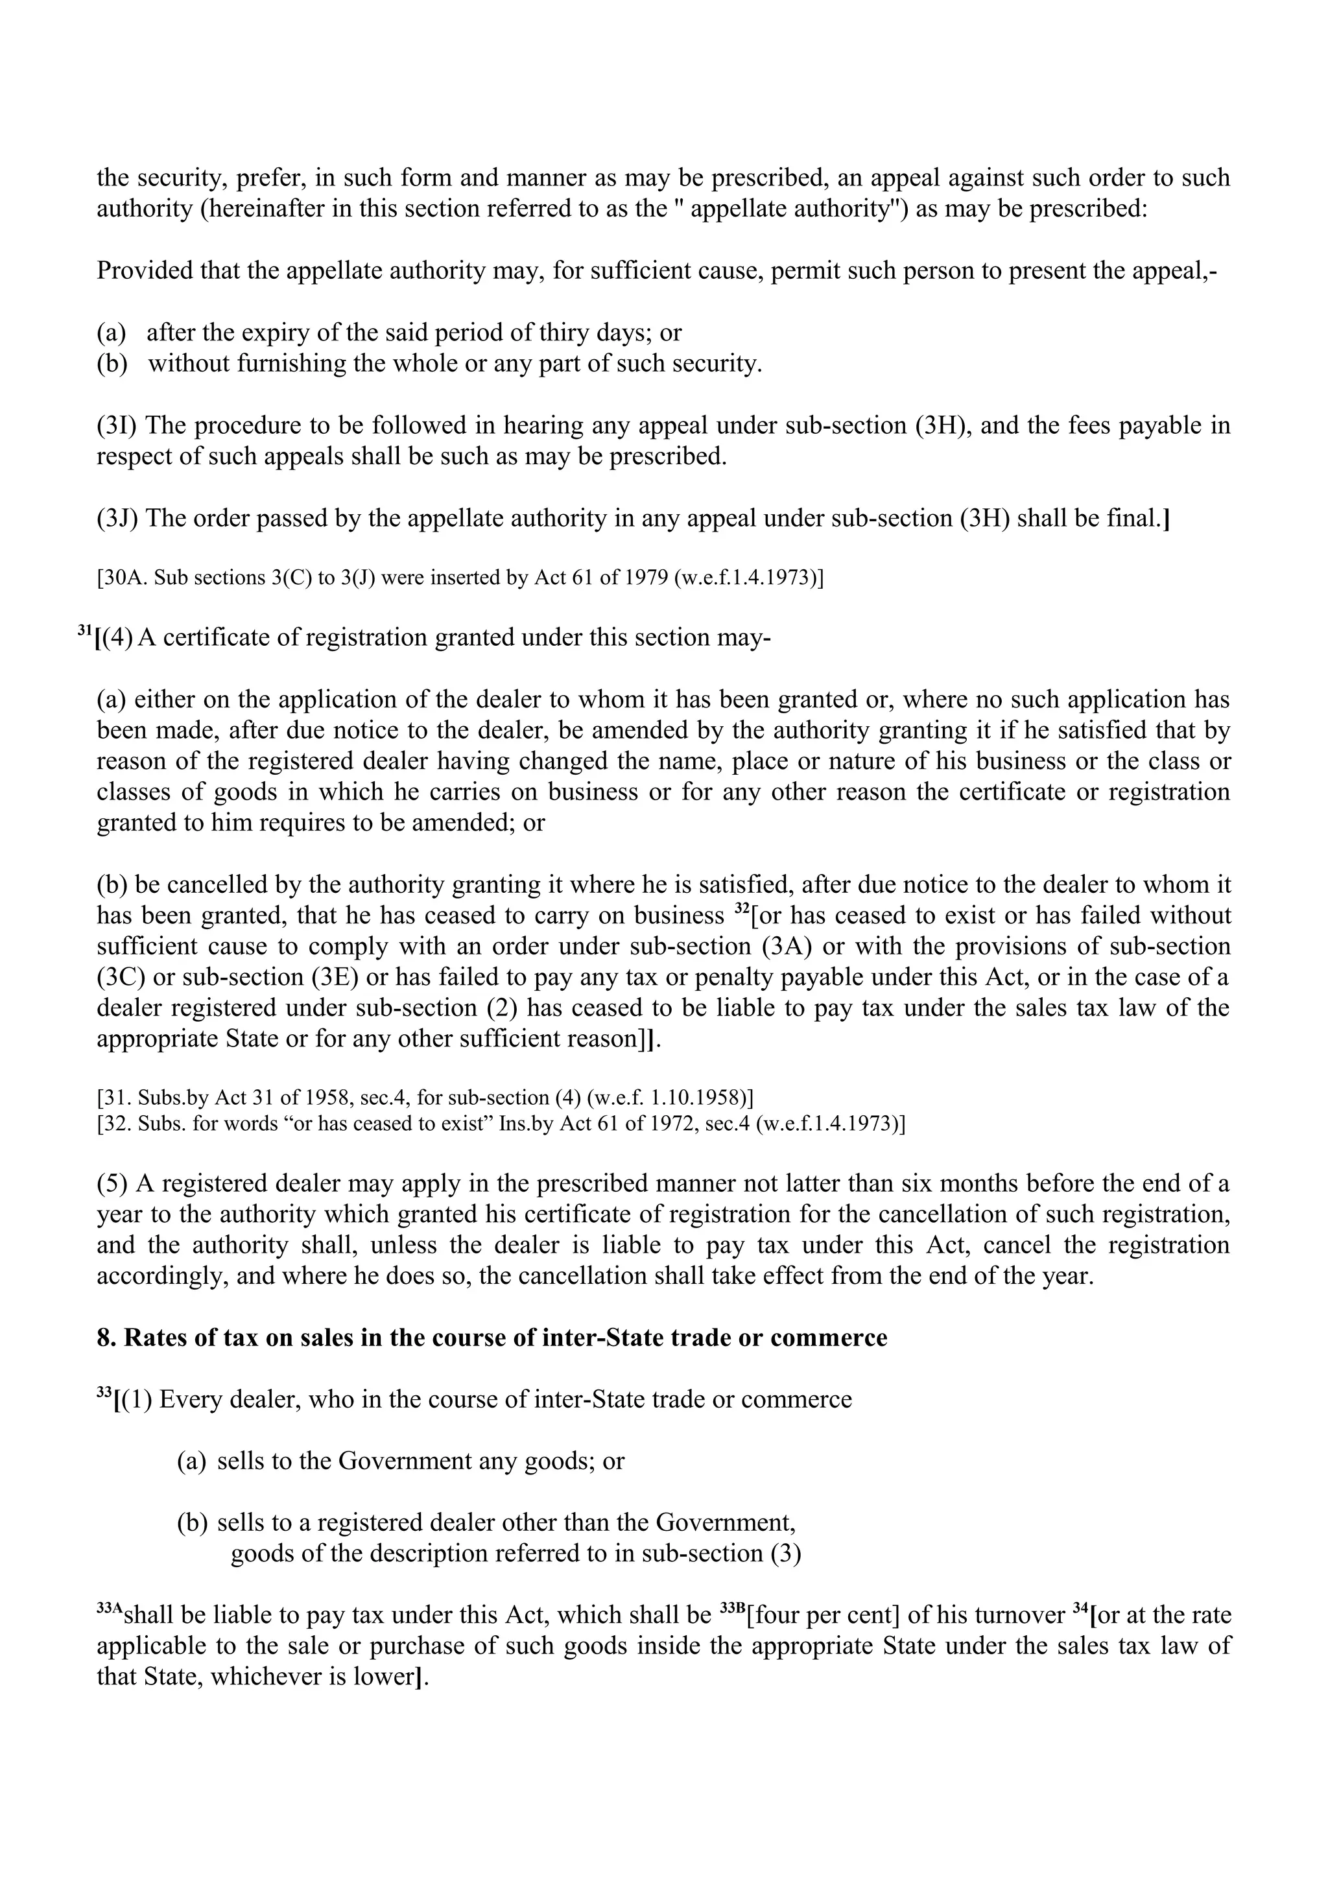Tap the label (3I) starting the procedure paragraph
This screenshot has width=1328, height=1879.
117,425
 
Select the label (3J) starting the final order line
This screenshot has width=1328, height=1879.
117,518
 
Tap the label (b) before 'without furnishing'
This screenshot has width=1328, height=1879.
112,363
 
